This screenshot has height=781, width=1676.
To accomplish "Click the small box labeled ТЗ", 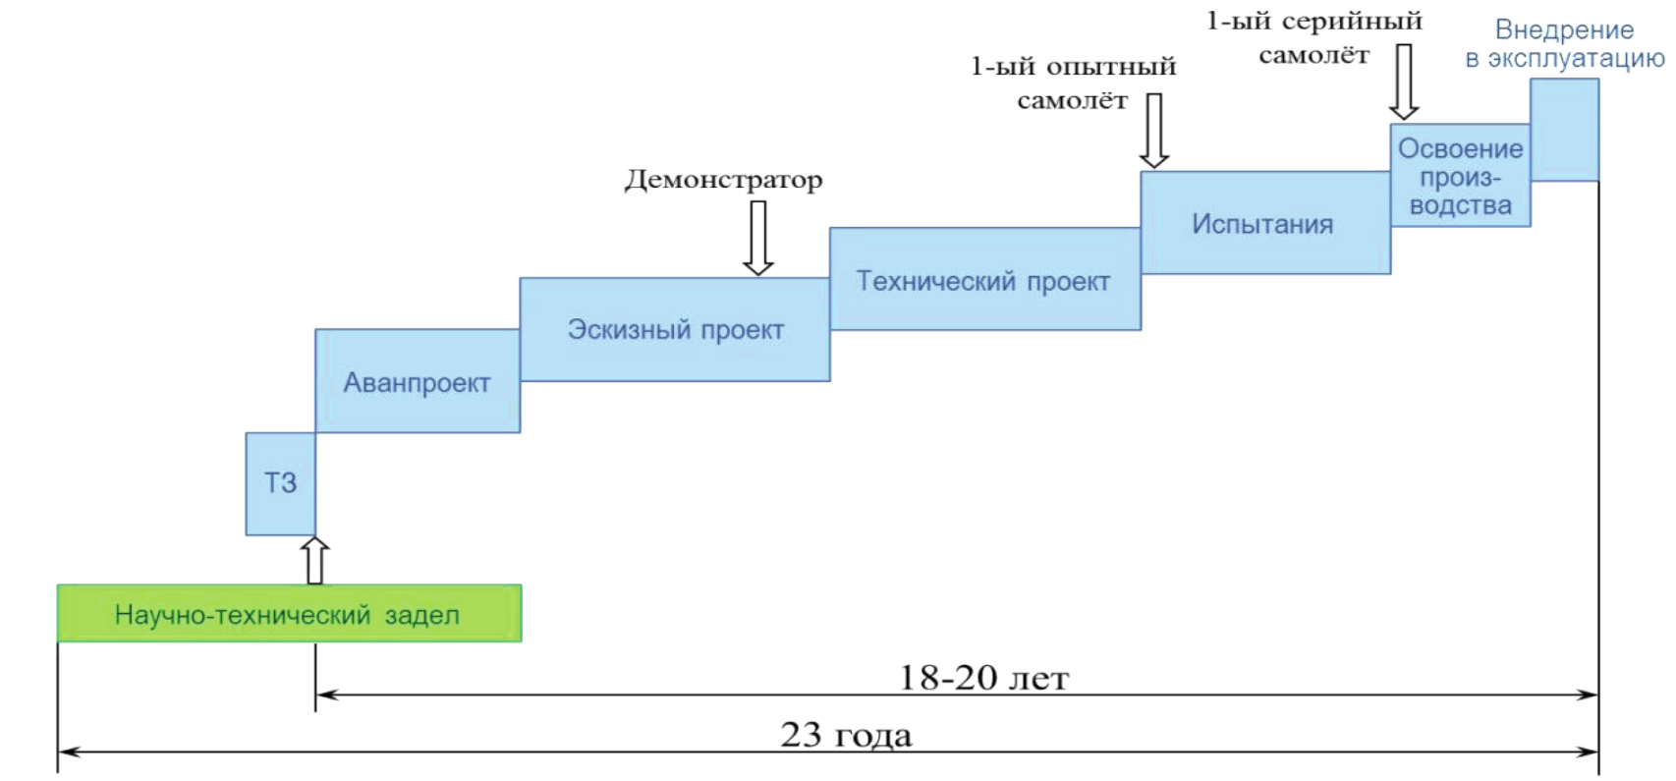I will click(280, 483).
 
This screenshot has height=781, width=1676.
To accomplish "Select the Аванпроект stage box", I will click(417, 381).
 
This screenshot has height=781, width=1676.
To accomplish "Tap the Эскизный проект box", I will click(675, 330).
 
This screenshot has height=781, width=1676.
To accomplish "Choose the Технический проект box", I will click(983, 280).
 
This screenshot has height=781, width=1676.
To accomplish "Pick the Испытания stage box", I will click(1263, 223).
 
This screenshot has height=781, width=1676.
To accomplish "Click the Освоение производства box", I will click(1460, 177).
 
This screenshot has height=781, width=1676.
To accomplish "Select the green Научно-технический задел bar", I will click(289, 614).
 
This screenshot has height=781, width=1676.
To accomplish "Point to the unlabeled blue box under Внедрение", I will click(1564, 130).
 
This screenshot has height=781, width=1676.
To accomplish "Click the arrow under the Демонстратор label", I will click(757, 238).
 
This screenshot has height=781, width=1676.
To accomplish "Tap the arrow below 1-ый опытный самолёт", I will click(1154, 131).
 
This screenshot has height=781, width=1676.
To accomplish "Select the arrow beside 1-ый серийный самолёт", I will click(1404, 82).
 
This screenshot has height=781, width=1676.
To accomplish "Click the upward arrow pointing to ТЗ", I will click(314, 560).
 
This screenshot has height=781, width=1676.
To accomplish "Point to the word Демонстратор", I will click(724, 180).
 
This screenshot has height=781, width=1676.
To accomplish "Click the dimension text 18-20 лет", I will click(983, 678).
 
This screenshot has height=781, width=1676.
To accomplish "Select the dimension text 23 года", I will click(846, 735).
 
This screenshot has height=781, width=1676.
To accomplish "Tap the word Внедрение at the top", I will click(1564, 30).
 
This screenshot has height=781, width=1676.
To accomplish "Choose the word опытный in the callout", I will click(1110, 67).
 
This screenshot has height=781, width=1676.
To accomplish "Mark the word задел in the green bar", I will click(421, 615).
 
